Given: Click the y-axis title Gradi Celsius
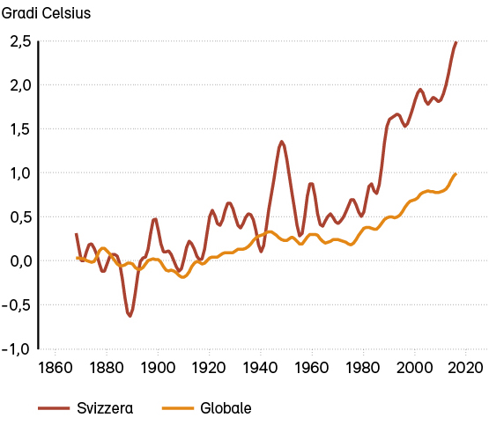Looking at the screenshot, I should coord(50,13).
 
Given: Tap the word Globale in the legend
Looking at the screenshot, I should coord(226,408).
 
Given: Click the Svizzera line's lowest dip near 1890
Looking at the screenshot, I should coord(130,315).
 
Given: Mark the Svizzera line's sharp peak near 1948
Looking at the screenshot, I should coord(282,142).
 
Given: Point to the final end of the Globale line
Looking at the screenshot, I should coord(456,174).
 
